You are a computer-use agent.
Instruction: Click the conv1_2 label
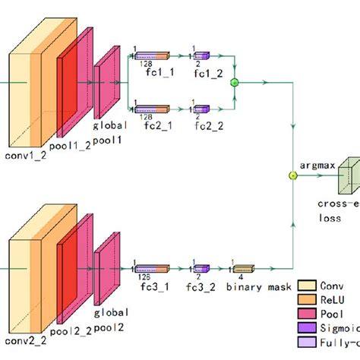pyautogui.click(x=27, y=157)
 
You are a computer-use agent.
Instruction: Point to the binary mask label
pyautogui.click(x=251, y=289)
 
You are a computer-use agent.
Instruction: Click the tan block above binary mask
pyautogui.click(x=242, y=268)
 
